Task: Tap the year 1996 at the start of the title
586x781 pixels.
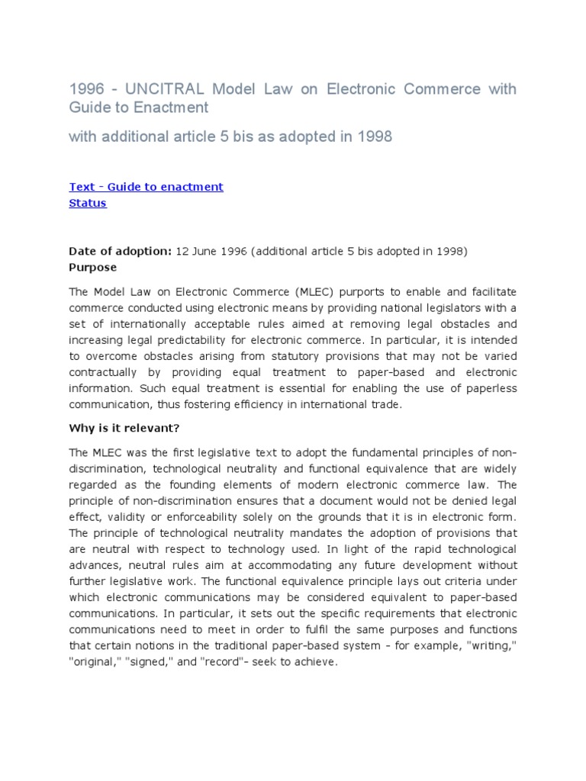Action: tap(85, 89)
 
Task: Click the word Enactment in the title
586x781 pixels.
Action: tap(174, 108)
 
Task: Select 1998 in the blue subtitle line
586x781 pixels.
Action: tap(375, 137)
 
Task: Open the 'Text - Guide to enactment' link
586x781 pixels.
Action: tap(146, 187)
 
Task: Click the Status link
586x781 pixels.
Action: tap(88, 203)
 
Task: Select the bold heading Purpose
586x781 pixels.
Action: tap(93, 268)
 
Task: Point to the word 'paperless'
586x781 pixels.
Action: tap(490, 388)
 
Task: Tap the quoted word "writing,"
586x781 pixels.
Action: tap(491, 646)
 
